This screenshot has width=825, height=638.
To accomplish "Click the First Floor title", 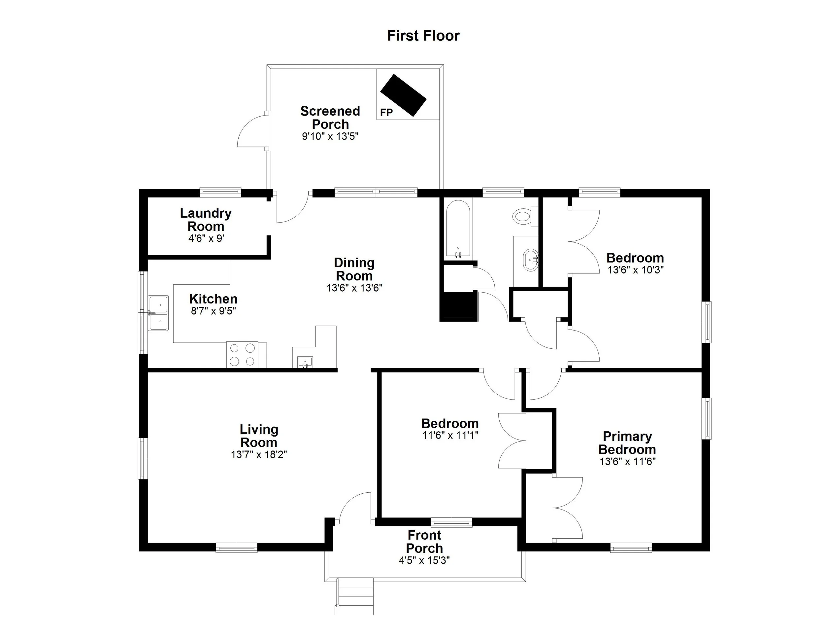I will [423, 36].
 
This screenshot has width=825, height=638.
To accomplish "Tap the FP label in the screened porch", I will [386, 113].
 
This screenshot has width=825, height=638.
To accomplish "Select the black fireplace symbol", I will [403, 95].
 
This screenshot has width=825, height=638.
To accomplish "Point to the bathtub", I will [458, 228].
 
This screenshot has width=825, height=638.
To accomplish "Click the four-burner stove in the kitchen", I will [242, 355].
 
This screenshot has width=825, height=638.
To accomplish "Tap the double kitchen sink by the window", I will [158, 313].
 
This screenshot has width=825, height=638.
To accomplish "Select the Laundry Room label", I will [206, 220].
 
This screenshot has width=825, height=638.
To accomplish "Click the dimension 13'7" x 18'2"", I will [259, 454].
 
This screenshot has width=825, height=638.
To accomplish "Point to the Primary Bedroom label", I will [627, 443].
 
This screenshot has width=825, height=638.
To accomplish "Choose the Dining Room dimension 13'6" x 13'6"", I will [354, 288].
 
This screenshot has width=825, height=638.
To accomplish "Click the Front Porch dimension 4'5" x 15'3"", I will [424, 560].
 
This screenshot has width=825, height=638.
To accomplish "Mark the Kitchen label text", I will [213, 299].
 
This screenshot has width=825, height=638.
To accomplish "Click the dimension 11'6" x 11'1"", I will [450, 436].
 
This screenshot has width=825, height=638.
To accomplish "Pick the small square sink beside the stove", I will [305, 362].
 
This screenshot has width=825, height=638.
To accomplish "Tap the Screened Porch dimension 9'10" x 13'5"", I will [330, 136].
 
